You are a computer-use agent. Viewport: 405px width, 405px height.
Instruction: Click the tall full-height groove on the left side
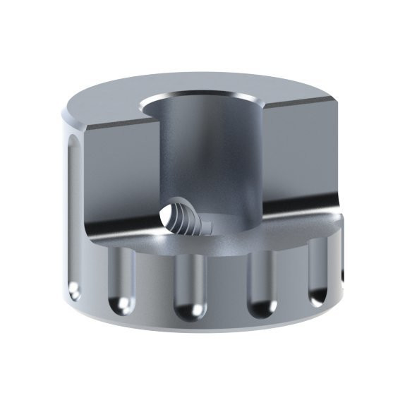72,212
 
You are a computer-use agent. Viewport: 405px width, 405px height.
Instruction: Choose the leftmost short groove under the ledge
121,279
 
